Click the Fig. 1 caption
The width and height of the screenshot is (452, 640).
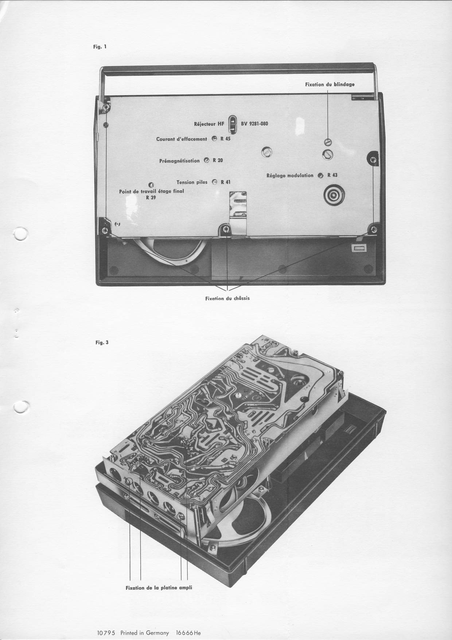point(100,47)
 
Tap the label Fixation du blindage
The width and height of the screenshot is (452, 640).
point(330,84)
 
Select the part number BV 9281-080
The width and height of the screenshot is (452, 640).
point(254,123)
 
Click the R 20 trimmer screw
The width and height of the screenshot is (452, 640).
point(207,160)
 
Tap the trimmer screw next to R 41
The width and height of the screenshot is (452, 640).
point(215,182)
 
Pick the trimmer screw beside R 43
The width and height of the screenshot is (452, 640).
point(321,175)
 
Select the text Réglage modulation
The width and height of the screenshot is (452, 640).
point(290,175)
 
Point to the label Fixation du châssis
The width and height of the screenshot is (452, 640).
point(227,298)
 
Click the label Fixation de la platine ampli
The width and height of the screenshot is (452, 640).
point(159,588)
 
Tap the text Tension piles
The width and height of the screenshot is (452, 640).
point(192,182)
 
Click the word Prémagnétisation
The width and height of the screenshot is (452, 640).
point(180,161)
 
